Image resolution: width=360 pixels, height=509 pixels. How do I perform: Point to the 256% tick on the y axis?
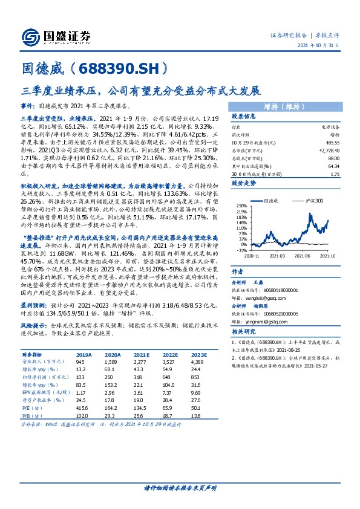[x=241, y=206]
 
